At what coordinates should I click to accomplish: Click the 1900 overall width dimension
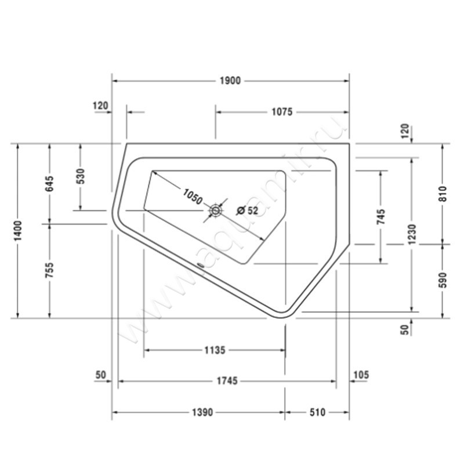tap(230, 81)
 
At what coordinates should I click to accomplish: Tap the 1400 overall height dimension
tap(19, 231)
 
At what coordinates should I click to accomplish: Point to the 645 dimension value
tap(50, 184)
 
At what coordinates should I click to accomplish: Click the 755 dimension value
tap(50, 271)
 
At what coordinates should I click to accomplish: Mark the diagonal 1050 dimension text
tap(192, 197)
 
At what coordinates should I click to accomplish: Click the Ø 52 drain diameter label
tap(247, 211)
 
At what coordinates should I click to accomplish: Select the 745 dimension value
tap(380, 216)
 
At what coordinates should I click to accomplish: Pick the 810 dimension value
tap(442, 193)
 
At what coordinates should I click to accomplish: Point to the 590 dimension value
tap(442, 280)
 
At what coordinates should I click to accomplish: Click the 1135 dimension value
tap(215, 350)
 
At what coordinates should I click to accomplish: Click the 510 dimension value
tap(317, 412)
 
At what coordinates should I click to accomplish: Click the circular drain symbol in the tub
tap(216, 210)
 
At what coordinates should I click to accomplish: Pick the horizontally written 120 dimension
tap(100, 106)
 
